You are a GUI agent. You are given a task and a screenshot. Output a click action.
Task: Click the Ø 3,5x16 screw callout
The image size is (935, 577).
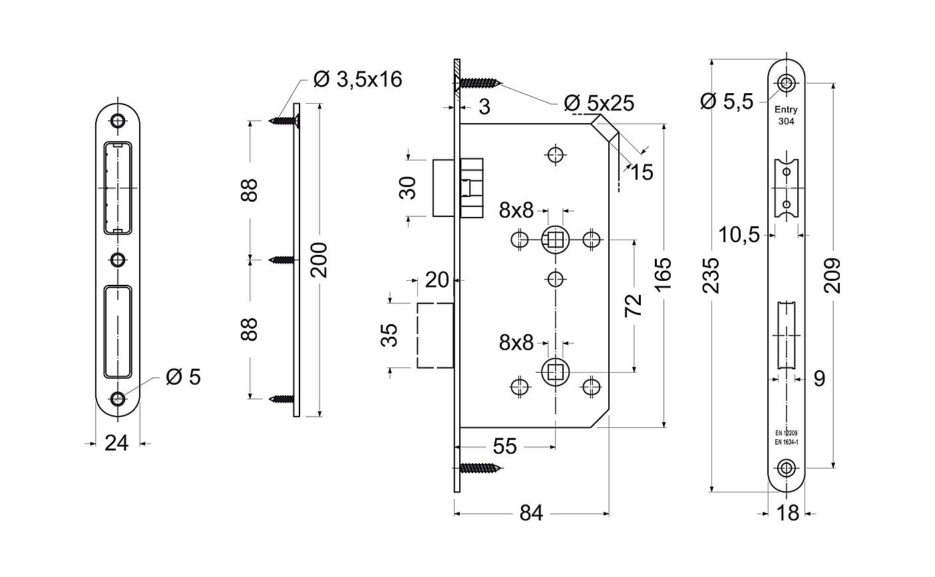pos(358,79)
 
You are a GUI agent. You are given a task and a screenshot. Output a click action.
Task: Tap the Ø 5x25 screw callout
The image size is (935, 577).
pos(599,103)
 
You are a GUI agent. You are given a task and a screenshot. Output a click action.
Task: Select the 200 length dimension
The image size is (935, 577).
pos(319,260)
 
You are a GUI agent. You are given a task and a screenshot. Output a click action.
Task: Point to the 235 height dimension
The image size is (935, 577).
pos(711,276)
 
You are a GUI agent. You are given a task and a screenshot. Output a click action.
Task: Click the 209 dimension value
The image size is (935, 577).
pos(833,276)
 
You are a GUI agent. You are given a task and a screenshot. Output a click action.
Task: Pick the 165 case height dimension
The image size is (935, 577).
pos(663,274)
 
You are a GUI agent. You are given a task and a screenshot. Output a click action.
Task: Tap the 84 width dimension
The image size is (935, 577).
pos(531,513)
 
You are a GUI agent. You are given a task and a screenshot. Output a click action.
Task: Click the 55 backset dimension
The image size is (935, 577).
pos(504,447)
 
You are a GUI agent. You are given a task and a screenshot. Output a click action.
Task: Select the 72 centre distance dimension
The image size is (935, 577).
pos(634,305)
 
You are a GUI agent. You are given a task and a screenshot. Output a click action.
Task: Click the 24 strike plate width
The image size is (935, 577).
pos(116,443)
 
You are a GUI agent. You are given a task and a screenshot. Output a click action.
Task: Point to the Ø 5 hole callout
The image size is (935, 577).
pos(184,377)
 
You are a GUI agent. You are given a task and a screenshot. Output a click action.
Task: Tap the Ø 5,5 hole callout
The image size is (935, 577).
pos(727,101)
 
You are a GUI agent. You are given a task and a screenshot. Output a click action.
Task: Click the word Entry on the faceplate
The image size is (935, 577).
pos(786,109)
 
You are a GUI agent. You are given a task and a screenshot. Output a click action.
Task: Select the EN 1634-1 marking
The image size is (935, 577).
pos(787,442)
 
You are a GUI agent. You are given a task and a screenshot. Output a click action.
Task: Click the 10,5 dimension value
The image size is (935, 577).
pos(739,235)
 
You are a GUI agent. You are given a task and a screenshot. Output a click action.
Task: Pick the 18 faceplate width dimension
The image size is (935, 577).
pos(788,513)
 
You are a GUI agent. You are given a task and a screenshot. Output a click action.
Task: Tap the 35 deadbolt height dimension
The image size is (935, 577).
pos(389,335)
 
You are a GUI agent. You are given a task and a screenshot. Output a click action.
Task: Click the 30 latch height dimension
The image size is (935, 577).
pos(408,188)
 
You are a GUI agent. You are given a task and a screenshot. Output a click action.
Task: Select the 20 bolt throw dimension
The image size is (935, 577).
pos(437,280)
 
